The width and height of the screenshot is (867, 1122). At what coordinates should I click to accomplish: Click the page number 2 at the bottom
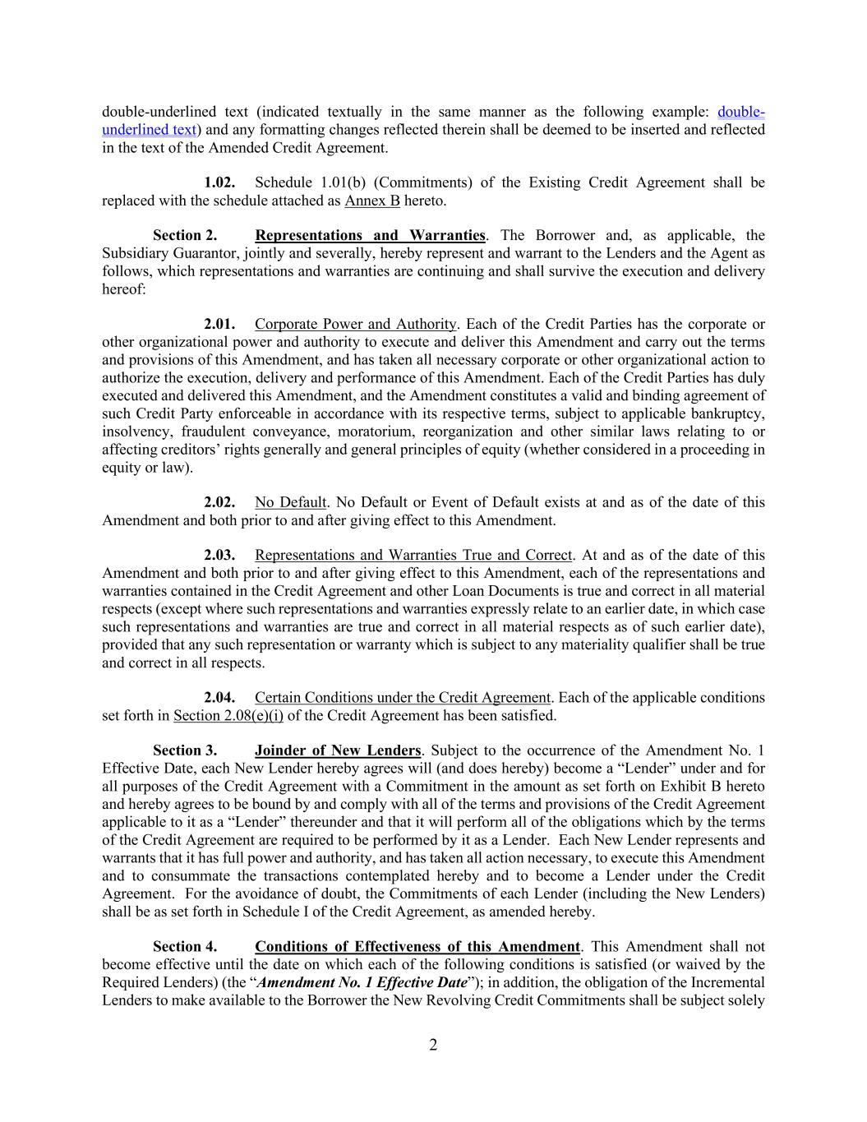tap(433, 1045)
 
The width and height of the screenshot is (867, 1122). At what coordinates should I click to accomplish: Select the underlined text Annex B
tap(371, 201)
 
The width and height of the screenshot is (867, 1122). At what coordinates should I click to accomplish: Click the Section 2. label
tap(185, 236)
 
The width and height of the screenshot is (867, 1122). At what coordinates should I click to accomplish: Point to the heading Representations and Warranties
tap(370, 236)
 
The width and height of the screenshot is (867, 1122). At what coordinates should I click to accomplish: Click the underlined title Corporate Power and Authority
tap(355, 325)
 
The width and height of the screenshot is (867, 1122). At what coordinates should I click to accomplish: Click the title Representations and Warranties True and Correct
tap(413, 556)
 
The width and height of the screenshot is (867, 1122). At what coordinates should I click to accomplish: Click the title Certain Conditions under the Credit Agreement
tap(403, 698)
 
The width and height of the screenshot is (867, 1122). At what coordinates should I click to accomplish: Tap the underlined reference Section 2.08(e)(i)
tap(228, 716)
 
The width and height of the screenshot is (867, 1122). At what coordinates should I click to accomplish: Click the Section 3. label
tap(185, 750)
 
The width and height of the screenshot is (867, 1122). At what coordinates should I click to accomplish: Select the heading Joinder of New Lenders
tap(338, 750)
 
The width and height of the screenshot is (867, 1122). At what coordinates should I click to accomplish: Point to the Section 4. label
tap(185, 947)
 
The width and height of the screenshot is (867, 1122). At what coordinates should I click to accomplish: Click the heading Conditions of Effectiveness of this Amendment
tap(417, 947)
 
